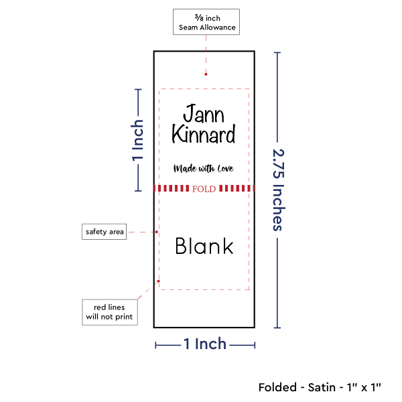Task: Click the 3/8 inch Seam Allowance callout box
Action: tap(206, 22)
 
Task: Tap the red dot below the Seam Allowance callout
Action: tap(206, 74)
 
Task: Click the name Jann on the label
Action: tap(204, 113)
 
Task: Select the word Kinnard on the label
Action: tap(203, 134)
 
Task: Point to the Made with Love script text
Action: tap(203, 168)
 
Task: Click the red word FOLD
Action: tap(204, 189)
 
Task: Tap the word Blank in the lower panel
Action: tap(204, 246)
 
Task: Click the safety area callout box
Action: tap(104, 232)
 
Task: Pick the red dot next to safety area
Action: tap(157, 232)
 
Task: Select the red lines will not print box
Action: tap(110, 312)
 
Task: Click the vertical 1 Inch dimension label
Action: tap(137, 141)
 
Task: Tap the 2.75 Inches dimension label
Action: tap(279, 190)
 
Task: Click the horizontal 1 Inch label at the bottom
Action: tap(205, 344)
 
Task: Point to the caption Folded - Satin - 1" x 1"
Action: tap(320, 387)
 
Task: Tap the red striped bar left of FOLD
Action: tap(172, 188)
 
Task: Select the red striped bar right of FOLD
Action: tap(237, 188)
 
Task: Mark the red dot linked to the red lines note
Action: tap(158, 281)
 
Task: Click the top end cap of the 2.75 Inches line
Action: tap(277, 53)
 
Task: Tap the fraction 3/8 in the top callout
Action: tap(199, 17)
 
